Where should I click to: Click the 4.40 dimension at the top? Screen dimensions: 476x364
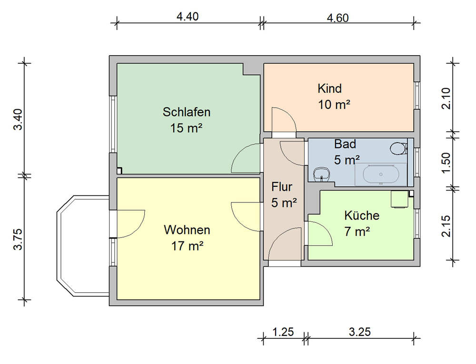click(187, 16)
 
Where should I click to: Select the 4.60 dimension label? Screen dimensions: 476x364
click(337, 18)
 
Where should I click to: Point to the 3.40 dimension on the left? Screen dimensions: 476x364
click(18, 119)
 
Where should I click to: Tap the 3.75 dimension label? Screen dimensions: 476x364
click(18, 239)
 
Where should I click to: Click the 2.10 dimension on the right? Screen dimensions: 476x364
click(446, 98)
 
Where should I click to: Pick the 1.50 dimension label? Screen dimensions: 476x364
click(446, 163)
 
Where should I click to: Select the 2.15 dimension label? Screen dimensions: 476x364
click(446, 226)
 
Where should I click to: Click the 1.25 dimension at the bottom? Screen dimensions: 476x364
click(283, 332)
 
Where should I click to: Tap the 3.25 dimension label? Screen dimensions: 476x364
click(360, 332)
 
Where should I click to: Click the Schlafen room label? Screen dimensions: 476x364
click(187, 112)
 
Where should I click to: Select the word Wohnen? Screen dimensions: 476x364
click(187, 230)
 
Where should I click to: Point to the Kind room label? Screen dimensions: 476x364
click(330, 88)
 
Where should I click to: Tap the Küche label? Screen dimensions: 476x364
click(362, 215)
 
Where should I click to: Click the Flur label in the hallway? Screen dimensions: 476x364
click(282, 187)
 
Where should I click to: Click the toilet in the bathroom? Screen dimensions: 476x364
click(398, 149)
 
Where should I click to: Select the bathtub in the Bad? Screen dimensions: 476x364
click(381, 174)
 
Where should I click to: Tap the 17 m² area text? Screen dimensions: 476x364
click(187, 246)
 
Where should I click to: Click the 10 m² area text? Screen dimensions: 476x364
click(334, 105)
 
